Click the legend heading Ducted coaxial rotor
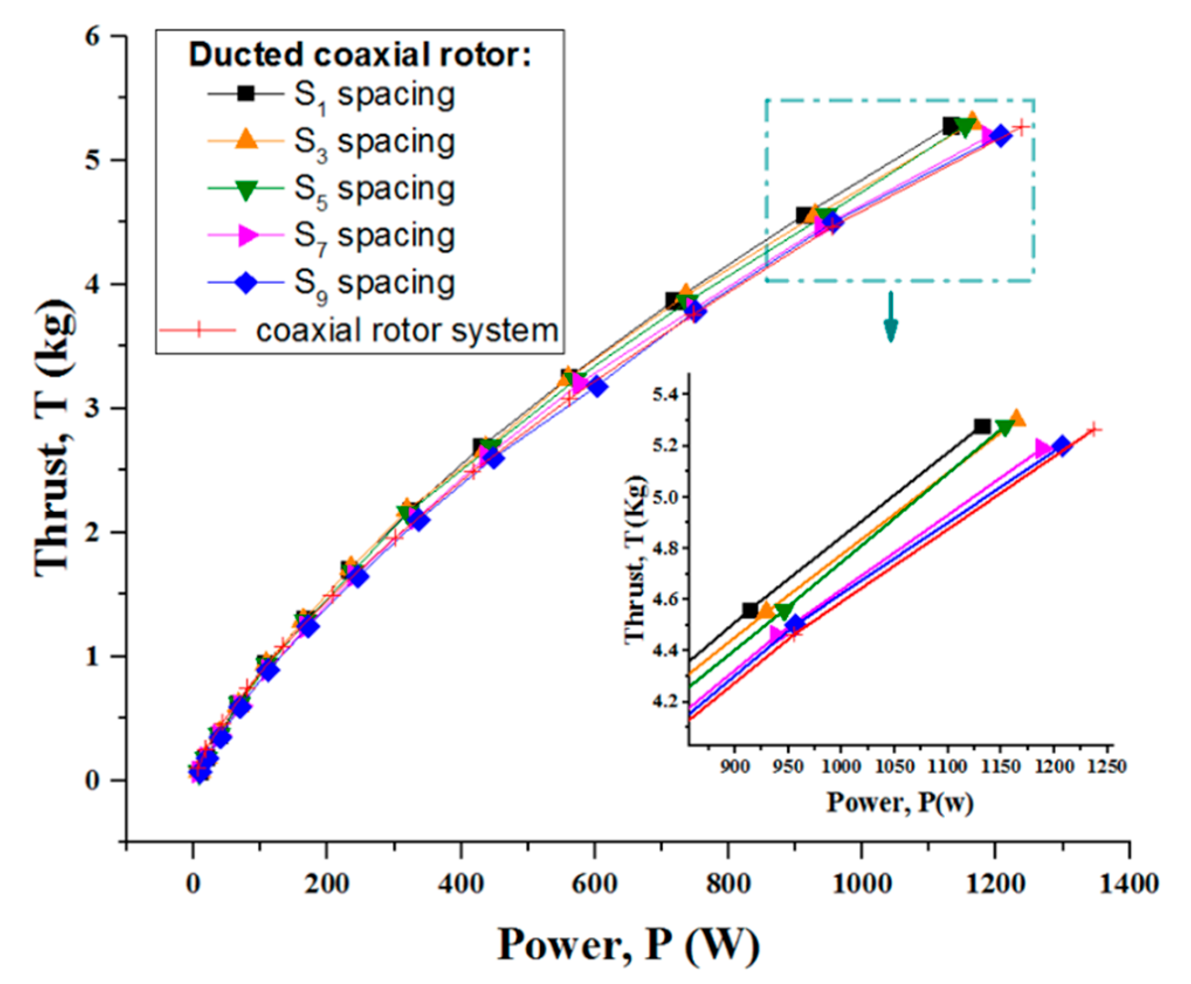pyautogui.click(x=359, y=56)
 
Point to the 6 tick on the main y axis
pyautogui.click(x=94, y=36)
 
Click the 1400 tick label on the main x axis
pyautogui.click(x=1128, y=883)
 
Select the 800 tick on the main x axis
pyautogui.click(x=728, y=883)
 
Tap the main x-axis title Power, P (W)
pyautogui.click(x=628, y=944)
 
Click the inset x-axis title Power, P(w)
pyautogui.click(x=899, y=802)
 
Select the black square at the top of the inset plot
pyautogui.click(x=982, y=427)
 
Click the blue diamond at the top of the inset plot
pyautogui.click(x=1062, y=446)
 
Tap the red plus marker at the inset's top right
pyautogui.click(x=1093, y=430)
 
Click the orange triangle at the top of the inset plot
pyautogui.click(x=1017, y=418)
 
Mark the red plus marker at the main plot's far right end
pyautogui.click(x=1021, y=127)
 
